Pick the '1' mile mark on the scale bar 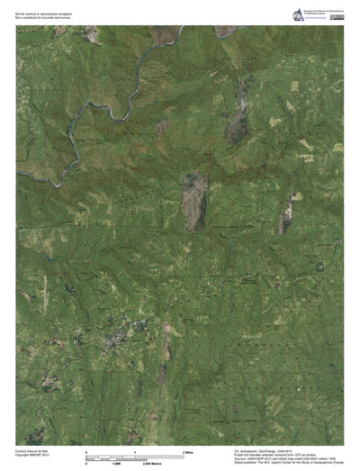coord(135,449)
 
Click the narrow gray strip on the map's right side coord(284,220)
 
